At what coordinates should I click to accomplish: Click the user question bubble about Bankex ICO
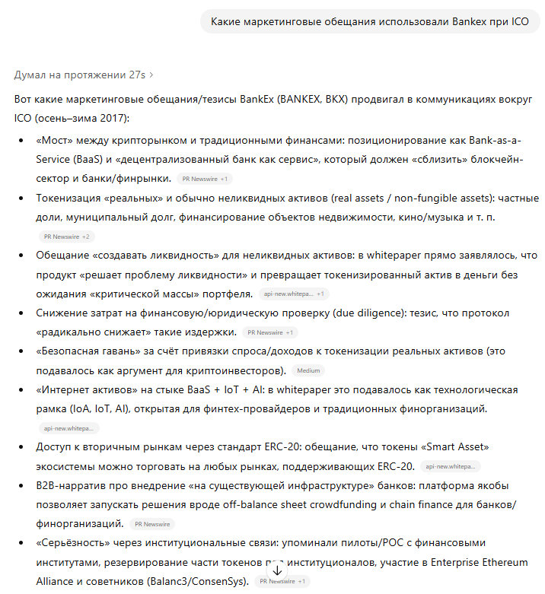369,21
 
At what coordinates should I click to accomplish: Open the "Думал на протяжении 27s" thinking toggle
84,75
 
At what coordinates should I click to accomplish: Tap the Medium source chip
308,371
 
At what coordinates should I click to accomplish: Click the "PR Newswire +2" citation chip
67,237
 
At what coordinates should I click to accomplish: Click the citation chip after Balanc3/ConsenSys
282,582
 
